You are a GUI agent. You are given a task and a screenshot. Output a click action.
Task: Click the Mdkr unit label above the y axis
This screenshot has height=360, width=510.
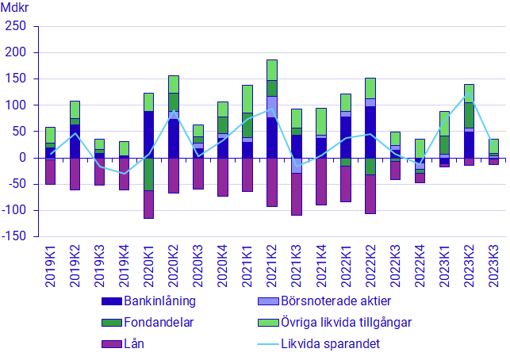tap(13, 9)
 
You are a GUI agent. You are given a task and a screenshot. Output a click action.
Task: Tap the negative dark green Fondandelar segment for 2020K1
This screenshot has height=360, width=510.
tap(149, 174)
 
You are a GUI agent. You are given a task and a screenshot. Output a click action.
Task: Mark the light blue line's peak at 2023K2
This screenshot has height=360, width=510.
tap(469, 93)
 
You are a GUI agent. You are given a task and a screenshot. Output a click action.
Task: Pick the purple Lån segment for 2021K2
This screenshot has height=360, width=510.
tap(272, 182)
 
